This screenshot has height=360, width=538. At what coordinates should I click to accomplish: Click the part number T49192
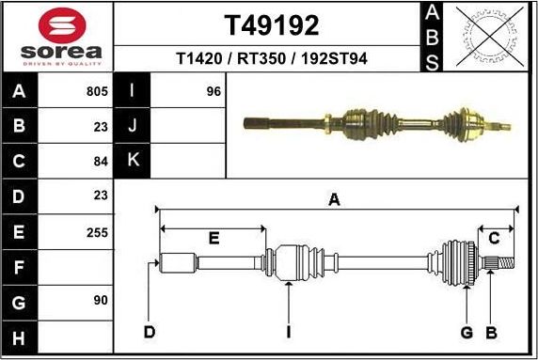271,24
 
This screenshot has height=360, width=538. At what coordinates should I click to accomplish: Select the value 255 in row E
96,230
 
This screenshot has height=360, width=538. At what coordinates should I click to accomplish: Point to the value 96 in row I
213,92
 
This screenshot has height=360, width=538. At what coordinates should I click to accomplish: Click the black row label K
133,160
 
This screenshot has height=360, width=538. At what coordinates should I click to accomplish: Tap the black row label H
19,336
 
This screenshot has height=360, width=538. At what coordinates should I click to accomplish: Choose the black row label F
19,266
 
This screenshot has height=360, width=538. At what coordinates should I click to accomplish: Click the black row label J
133,126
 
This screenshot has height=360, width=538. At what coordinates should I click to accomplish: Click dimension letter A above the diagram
333,199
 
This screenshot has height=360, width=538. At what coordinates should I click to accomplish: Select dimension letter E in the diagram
214,239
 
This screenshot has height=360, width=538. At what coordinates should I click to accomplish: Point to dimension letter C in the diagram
493,238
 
